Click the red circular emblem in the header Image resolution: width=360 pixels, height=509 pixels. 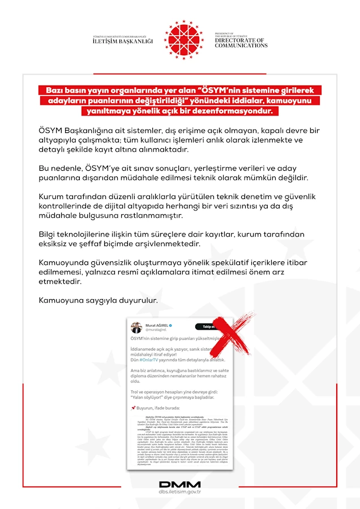pyautogui.click(x=184, y=40)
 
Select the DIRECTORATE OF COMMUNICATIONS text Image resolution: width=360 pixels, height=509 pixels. pyautogui.click(x=241, y=42)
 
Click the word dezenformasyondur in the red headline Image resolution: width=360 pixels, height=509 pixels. pyautogui.click(x=234, y=110)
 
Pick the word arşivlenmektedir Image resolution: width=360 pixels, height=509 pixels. pyautogui.click(x=220, y=244)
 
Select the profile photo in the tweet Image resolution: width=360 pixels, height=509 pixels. pyautogui.click(x=136, y=327)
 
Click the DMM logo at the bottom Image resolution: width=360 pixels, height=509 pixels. pyautogui.click(x=179, y=484)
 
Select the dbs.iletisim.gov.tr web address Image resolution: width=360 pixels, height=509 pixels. pyautogui.click(x=179, y=492)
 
